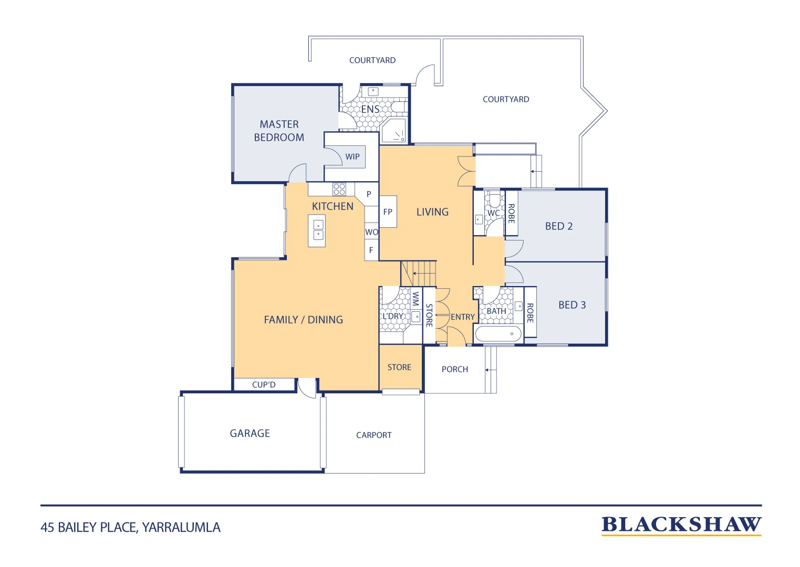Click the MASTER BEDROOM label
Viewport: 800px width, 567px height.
coord(279,131)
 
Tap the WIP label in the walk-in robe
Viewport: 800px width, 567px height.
coord(352,156)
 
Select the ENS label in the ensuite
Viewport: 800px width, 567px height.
coord(370,109)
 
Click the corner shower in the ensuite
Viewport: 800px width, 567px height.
coord(393,130)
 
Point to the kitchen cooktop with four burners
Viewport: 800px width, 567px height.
coord(339,189)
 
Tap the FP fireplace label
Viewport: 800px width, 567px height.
coord(388,212)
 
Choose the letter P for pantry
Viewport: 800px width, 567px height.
coord(369,194)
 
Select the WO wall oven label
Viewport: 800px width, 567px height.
coord(371,232)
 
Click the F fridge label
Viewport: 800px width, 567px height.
coord(371,250)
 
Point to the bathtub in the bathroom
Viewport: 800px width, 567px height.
coord(498,334)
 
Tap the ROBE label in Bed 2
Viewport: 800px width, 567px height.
coord(512,214)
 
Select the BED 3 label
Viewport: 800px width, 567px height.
coord(572,305)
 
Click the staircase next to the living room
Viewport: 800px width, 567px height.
coord(418,274)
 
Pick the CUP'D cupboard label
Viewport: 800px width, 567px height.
coord(264,384)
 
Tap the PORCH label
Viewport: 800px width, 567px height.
coord(455,369)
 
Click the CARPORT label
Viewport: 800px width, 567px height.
coord(374,435)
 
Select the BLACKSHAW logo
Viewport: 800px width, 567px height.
coord(681,525)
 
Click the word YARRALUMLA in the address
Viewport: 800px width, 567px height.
coord(181,528)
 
